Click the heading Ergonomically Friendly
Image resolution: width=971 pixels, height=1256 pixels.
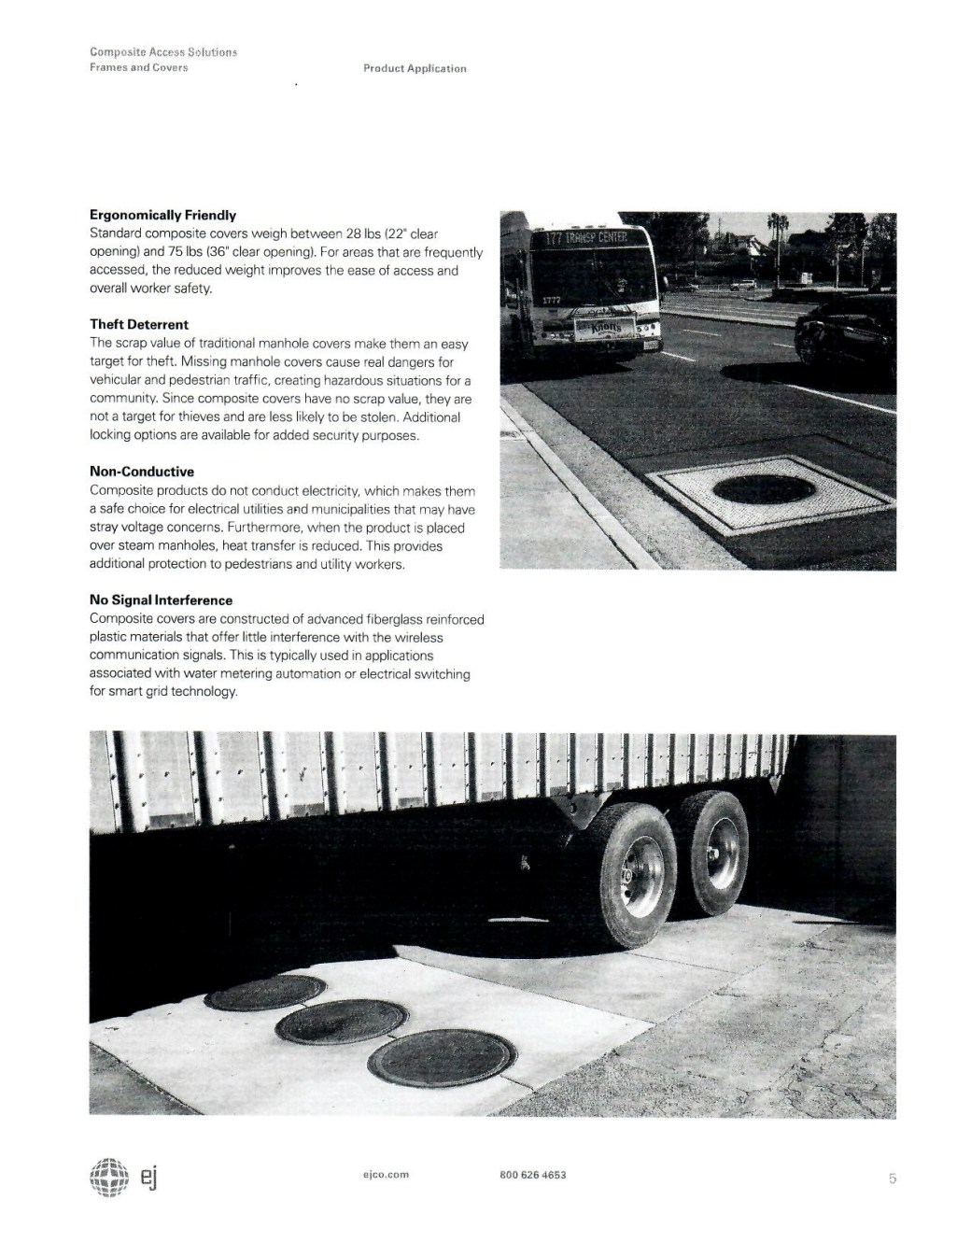pos(162,216)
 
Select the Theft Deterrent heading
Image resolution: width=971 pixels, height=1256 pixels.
pos(139,325)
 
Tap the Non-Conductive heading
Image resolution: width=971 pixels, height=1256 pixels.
pos(142,472)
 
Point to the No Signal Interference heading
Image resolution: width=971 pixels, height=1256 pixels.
pos(161,600)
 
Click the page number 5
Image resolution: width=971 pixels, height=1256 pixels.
pos(892,1178)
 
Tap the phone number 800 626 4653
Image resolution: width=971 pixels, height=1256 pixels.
pos(533,1175)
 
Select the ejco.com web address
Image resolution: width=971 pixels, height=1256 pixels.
pos(386,1175)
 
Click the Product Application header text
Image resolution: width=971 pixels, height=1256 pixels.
pos(415,68)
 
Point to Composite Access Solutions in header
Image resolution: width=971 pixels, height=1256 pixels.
pos(163,52)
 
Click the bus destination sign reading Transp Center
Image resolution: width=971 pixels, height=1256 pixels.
pos(585,239)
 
